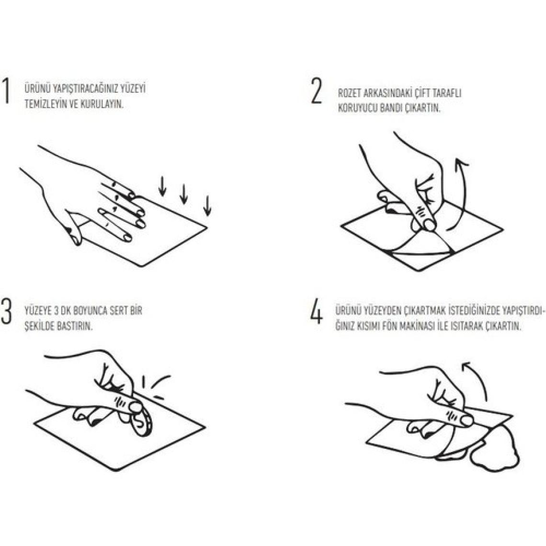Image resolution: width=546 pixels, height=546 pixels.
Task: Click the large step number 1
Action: click(x=5, y=91)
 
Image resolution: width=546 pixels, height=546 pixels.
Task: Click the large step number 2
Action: click(x=317, y=91)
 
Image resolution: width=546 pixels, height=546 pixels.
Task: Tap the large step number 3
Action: click(x=6, y=311)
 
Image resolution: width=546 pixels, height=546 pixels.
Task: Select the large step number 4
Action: click(x=316, y=311)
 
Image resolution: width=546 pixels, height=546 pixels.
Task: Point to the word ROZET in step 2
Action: click(x=350, y=93)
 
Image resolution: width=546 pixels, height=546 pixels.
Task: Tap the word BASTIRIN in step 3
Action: click(x=76, y=327)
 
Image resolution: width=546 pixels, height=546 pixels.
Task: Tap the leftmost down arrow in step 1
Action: click(x=162, y=186)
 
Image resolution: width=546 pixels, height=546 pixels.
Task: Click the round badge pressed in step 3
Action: click(x=142, y=421)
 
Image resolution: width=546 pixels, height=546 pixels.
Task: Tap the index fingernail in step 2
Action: click(x=429, y=225)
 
